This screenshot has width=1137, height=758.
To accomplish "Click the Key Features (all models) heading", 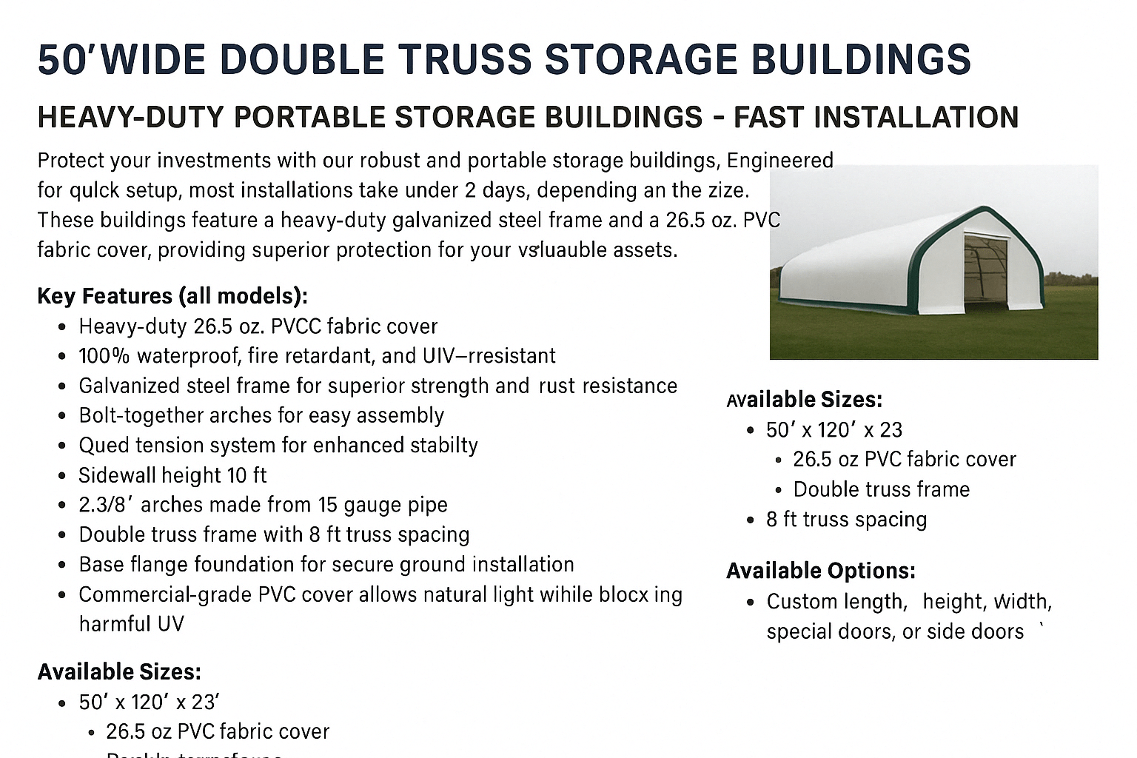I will [x=172, y=296].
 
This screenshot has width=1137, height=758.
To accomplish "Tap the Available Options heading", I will [x=820, y=571].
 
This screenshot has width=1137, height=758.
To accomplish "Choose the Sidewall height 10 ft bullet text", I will [x=172, y=474].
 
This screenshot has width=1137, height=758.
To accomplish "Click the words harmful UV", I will [x=131, y=624].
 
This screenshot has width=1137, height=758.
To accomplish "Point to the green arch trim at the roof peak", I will [x=985, y=209].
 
